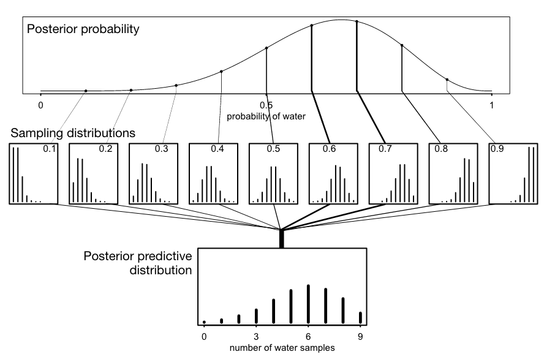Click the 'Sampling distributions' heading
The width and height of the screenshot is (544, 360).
click(x=72, y=132)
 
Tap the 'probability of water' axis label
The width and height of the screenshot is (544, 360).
click(x=266, y=115)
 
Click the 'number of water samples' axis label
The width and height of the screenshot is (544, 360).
click(x=282, y=348)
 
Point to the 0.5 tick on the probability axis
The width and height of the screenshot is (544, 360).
click(x=266, y=105)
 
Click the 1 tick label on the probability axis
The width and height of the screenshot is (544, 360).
click(x=492, y=105)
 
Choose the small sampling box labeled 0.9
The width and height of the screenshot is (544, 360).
click(x=513, y=173)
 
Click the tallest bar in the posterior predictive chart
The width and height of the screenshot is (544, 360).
click(x=308, y=303)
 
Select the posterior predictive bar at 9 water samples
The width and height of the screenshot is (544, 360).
click(x=360, y=317)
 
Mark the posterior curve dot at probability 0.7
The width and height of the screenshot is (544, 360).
click(x=357, y=22)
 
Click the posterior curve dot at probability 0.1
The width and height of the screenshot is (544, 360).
click(x=86, y=91)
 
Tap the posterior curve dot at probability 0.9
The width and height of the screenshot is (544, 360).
click(x=447, y=79)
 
